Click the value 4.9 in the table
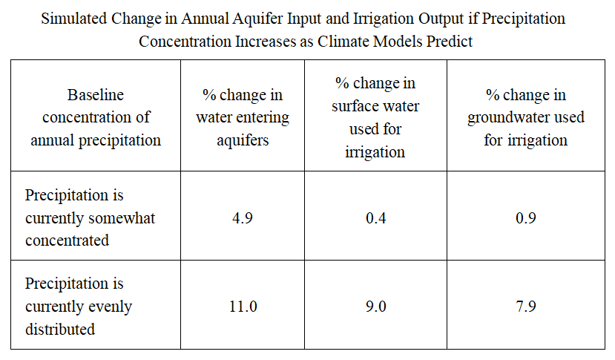pos(243,218)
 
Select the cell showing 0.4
pos(375,218)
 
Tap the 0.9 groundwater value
pos(525,218)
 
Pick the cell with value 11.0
pos(243,307)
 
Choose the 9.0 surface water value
pos(375,307)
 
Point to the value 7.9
pos(525,307)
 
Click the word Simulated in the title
pos(74,19)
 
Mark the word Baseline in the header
pos(95,94)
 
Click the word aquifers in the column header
pos(243,141)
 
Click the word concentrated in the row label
pos(67,240)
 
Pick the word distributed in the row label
pos(60,329)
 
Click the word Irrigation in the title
pos(384,19)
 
